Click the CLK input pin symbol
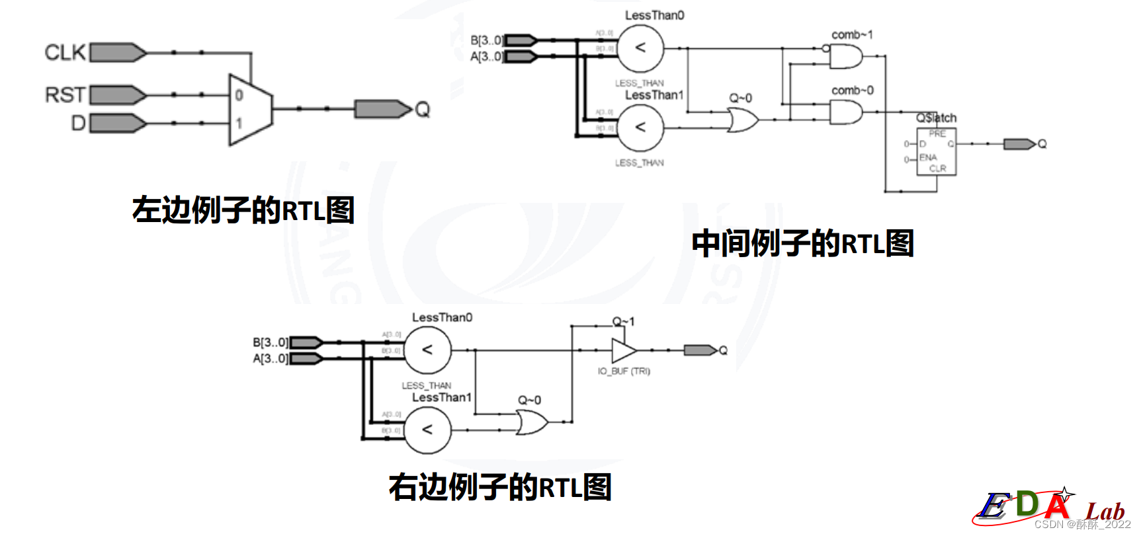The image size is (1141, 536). pyautogui.click(x=118, y=52)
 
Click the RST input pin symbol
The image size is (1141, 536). pyautogui.click(x=118, y=95)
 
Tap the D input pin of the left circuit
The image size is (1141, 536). pyautogui.click(x=118, y=123)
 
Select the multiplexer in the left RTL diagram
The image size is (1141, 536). pyautogui.click(x=249, y=109)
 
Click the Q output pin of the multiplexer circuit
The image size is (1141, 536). pyautogui.click(x=383, y=109)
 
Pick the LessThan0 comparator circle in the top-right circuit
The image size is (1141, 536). pyautogui.click(x=640, y=48)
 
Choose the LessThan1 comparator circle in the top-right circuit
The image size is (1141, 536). pyautogui.click(x=640, y=128)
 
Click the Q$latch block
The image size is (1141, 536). pyautogui.click(x=936, y=151)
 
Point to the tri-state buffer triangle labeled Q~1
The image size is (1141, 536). pyautogui.click(x=623, y=350)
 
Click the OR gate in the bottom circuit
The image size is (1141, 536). pyautogui.click(x=531, y=422)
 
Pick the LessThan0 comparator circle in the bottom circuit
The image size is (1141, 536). pyautogui.click(x=427, y=350)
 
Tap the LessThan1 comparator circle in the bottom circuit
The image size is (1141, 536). pyautogui.click(x=427, y=430)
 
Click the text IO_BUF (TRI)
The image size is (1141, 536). pyautogui.click(x=624, y=371)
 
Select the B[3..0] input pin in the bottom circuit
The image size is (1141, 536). pyautogui.click(x=306, y=342)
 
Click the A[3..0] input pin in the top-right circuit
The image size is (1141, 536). pyautogui.click(x=521, y=57)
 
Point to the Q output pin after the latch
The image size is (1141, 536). pyautogui.click(x=1019, y=144)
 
